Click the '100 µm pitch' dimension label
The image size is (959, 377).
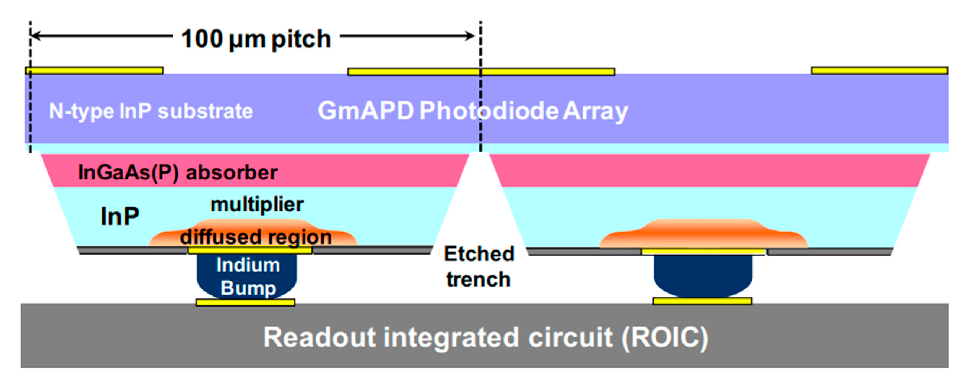256,39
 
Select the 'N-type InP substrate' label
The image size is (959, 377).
151,111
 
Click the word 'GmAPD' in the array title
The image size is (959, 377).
365,111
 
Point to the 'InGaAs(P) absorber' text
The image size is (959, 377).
178,172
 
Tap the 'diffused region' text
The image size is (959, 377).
256,237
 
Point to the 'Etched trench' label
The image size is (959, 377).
479,267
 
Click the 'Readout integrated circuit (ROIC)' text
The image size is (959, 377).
485,337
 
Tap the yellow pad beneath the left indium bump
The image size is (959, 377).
246,302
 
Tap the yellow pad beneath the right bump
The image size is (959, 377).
702,301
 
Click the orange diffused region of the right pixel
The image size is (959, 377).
703,234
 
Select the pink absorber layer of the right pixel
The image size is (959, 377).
707,171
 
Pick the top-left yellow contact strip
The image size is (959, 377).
94,70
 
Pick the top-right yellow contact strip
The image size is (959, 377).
879,70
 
